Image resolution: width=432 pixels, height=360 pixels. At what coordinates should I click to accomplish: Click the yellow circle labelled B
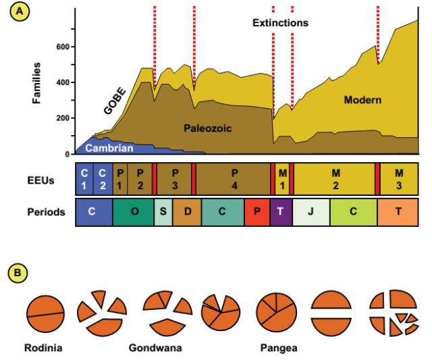pos(17,274)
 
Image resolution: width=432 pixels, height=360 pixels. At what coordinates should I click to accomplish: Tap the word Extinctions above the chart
pos(280,22)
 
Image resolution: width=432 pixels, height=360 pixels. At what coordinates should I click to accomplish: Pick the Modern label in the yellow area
pos(362,100)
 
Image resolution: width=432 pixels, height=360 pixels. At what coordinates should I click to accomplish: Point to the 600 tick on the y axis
pos(63,47)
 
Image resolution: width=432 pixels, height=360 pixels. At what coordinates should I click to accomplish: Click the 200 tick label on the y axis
pos(63,119)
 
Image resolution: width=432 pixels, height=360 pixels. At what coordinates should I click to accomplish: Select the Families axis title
pos(37,83)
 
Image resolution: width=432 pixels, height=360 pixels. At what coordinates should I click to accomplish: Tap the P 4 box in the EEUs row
pos(234,179)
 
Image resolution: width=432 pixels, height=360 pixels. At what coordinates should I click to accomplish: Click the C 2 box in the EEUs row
pos(103,179)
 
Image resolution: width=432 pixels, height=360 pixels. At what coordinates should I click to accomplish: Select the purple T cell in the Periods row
pos(280,211)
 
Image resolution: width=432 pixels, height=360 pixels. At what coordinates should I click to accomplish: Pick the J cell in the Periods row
pos(311,211)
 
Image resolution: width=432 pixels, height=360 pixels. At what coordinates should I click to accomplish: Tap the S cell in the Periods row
pos(163,211)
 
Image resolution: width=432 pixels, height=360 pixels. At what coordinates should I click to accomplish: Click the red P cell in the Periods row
pos(256,211)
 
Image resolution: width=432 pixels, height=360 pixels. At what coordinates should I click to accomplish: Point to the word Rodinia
pos(45,349)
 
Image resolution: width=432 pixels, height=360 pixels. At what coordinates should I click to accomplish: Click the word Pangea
pos(278,349)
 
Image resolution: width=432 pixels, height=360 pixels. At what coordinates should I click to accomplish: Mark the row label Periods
pos(47,211)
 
